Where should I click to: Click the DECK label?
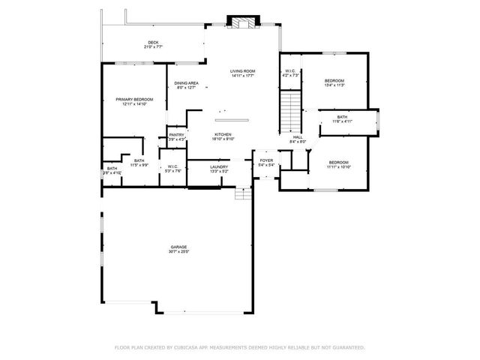pos(153,43)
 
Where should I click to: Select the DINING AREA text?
pos(186,83)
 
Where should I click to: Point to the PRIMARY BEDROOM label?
pos(134,100)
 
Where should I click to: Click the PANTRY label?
pos(176,135)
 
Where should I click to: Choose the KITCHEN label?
pos(223,134)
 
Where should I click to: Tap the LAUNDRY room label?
pos(218,167)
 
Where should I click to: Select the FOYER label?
pos(266,160)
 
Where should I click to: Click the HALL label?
pos(297,137)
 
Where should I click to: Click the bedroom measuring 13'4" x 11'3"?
pos(334,80)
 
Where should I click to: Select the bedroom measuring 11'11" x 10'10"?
pos(339,163)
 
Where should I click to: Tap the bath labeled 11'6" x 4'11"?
pos(342,117)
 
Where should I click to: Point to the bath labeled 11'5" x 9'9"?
pos(139,160)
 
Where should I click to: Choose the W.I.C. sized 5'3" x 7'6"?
pos(172,167)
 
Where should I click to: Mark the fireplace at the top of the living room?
pos(243,22)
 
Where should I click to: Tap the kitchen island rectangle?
pos(231,119)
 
